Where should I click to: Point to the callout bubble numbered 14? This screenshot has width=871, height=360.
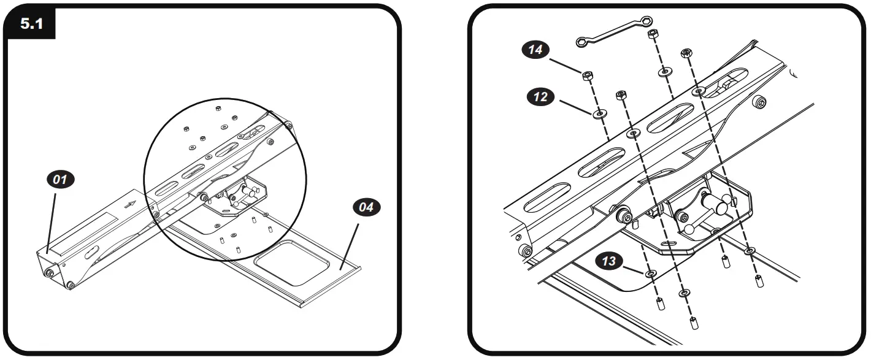click(535, 51)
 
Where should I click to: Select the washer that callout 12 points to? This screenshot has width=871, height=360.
click(597, 113)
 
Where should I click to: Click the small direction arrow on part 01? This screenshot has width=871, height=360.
click(129, 205)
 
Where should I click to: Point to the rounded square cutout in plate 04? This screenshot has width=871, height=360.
click(288, 262)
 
